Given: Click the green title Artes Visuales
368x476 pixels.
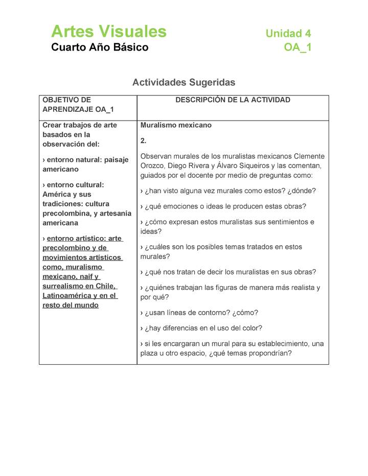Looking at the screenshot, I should [109, 32].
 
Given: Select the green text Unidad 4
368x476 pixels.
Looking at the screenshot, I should [288, 34].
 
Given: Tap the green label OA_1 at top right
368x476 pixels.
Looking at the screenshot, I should [297, 47].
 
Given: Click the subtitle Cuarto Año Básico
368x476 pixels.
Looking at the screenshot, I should [100, 47].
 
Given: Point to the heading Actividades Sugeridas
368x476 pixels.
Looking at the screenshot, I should [183, 82].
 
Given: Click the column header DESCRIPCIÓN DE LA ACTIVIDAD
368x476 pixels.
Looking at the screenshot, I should [233, 100].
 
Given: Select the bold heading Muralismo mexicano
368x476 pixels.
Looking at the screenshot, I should [176, 125].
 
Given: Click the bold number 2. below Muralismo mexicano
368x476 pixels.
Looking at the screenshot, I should [144, 140].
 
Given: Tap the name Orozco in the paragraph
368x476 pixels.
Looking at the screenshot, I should [153, 166].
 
